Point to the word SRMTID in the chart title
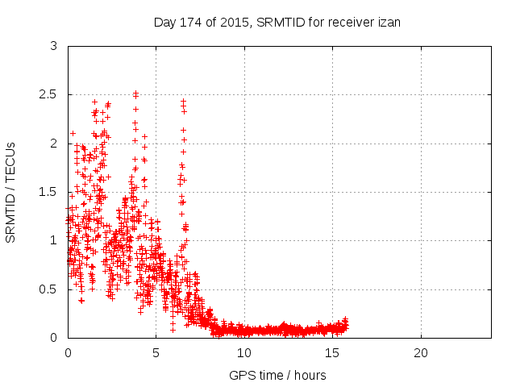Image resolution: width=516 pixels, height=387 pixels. [277, 23]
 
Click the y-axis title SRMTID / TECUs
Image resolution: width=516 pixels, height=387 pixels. [11, 192]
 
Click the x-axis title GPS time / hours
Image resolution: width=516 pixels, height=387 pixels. [277, 375]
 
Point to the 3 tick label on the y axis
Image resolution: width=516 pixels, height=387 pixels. [53, 47]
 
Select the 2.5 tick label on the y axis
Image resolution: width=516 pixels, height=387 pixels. [48, 95]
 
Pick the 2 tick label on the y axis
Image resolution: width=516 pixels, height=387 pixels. [53, 144]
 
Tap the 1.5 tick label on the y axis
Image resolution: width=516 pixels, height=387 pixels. [48, 192]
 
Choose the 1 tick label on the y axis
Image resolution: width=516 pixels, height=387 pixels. [53, 240]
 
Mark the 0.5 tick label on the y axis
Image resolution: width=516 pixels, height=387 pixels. [48, 289]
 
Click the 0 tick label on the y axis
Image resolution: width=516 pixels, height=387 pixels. [53, 337]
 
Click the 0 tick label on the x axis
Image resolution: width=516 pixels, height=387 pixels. [68, 353]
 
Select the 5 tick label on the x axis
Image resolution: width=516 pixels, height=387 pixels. [156, 353]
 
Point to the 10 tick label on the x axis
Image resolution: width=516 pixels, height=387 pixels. [244, 353]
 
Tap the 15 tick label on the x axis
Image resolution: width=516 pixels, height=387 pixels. [332, 353]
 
